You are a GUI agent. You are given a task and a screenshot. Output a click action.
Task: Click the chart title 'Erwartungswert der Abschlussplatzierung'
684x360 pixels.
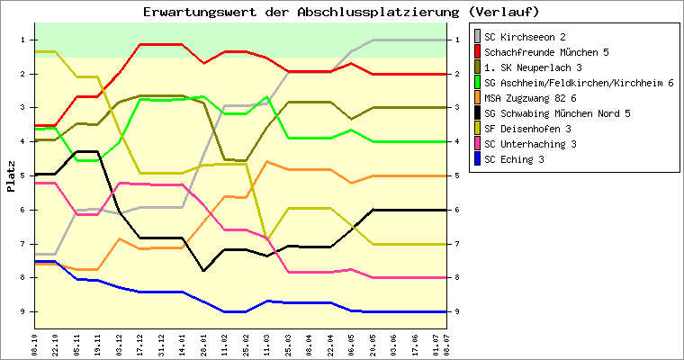coord(301,12)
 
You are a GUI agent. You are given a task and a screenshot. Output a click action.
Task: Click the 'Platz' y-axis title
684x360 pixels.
coord(11,176)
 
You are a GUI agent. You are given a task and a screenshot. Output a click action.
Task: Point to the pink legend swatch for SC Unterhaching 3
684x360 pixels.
coord(477,144)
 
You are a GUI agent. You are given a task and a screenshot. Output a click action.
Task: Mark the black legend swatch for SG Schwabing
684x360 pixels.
coord(477,113)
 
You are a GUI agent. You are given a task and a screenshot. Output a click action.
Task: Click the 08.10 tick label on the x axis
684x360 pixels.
coord(34,346)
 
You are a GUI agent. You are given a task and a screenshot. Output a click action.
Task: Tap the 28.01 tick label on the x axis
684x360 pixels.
coord(203,346)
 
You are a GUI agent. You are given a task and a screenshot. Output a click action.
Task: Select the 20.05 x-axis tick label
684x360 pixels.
coord(373,346)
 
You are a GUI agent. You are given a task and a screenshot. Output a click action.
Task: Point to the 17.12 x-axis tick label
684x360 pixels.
coord(139,346)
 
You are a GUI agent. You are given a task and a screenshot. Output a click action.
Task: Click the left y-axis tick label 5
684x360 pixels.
coord(22,175)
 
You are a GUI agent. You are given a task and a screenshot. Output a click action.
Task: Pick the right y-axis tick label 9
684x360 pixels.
coord(456,311)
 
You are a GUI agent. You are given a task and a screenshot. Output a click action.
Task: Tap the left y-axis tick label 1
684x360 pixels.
coord(22,40)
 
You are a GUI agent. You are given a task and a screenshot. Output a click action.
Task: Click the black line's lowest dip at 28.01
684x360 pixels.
coord(203,271)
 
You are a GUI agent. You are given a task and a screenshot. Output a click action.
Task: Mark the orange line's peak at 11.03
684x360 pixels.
coord(267,161)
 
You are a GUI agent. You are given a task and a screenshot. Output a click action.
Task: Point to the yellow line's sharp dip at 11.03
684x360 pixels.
coord(267,239)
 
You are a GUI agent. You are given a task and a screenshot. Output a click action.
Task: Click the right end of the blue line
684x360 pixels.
coord(446,311)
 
